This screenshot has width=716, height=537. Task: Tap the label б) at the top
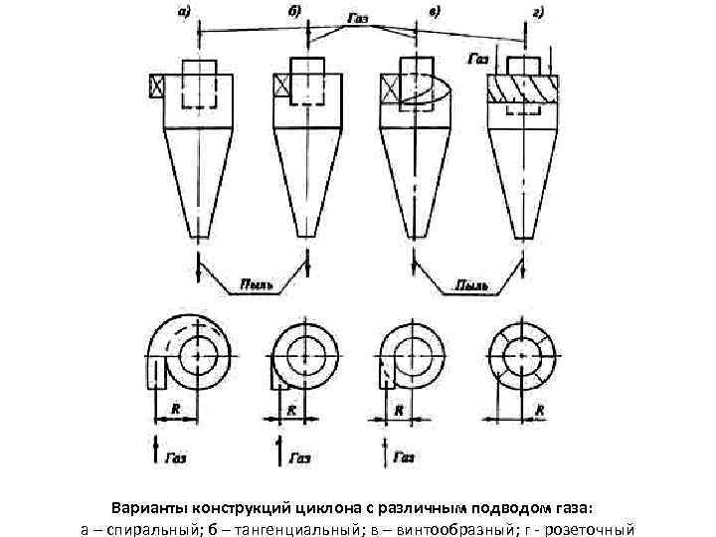[x=295, y=12]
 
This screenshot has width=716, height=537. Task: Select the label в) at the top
[x=435, y=12]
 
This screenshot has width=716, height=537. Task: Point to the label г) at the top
[x=537, y=12]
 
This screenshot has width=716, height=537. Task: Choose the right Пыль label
[x=471, y=285]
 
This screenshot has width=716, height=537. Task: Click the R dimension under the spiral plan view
[x=175, y=408]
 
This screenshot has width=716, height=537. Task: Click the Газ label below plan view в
[x=403, y=457]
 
